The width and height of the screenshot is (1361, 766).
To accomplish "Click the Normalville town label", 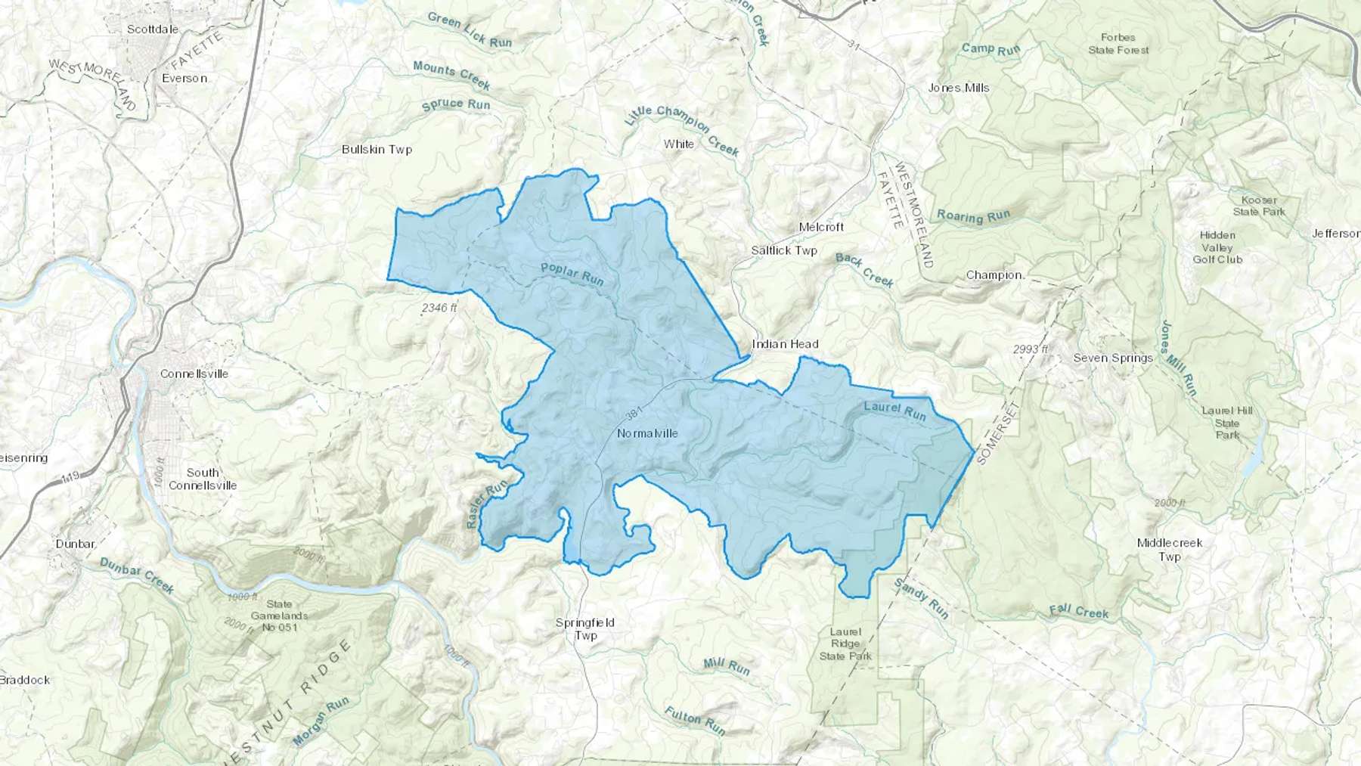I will tap(647, 433).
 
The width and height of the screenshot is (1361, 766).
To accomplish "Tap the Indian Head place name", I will tap(785, 344).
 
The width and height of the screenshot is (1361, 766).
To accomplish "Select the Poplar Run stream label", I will tap(572, 274).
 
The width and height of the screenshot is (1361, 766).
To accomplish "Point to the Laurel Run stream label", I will tap(894, 411).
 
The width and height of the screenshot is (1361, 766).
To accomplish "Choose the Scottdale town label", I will tap(153, 29).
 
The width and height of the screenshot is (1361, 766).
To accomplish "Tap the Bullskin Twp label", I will tap(377, 150).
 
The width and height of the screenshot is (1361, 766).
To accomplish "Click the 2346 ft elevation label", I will tap(439, 308).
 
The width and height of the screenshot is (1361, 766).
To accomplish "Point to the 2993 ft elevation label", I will tap(1031, 349).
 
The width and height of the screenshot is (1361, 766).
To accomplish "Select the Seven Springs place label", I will tap(1113, 358).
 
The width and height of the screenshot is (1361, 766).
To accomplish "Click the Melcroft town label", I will tap(821, 227).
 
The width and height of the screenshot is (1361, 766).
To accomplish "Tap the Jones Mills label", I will tap(959, 88).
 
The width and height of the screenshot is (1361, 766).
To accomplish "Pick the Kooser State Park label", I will tap(1259, 206).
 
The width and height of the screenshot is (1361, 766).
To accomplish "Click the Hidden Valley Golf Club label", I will tap(1217, 247).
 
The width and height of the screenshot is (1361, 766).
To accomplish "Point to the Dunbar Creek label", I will tap(137, 575).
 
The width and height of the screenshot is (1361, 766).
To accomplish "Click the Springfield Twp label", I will tap(585, 629).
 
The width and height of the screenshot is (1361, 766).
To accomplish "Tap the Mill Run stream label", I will tap(726, 666).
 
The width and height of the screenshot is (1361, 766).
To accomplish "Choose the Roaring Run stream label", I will tap(973, 216).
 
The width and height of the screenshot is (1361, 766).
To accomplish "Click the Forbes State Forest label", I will tap(1118, 44).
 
